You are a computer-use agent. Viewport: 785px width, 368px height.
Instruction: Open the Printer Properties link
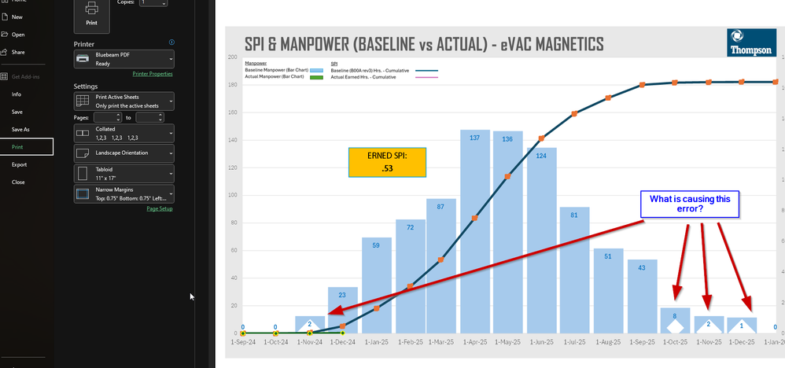point(153,73)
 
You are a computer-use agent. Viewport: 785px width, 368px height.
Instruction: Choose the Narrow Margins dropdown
point(123,193)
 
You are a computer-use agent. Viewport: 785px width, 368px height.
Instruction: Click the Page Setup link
point(159,208)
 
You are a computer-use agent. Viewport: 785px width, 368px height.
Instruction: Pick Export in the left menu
point(19,164)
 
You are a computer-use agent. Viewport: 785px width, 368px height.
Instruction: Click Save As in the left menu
point(20,129)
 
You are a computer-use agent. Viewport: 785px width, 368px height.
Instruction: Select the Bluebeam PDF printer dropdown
point(123,59)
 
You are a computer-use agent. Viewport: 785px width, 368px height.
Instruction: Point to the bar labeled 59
point(376,283)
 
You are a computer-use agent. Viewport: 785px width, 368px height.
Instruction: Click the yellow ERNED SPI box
point(387,163)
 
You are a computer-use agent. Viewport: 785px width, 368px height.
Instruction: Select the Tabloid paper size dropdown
point(123,172)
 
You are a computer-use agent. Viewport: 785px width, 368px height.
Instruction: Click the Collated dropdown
point(123,132)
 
